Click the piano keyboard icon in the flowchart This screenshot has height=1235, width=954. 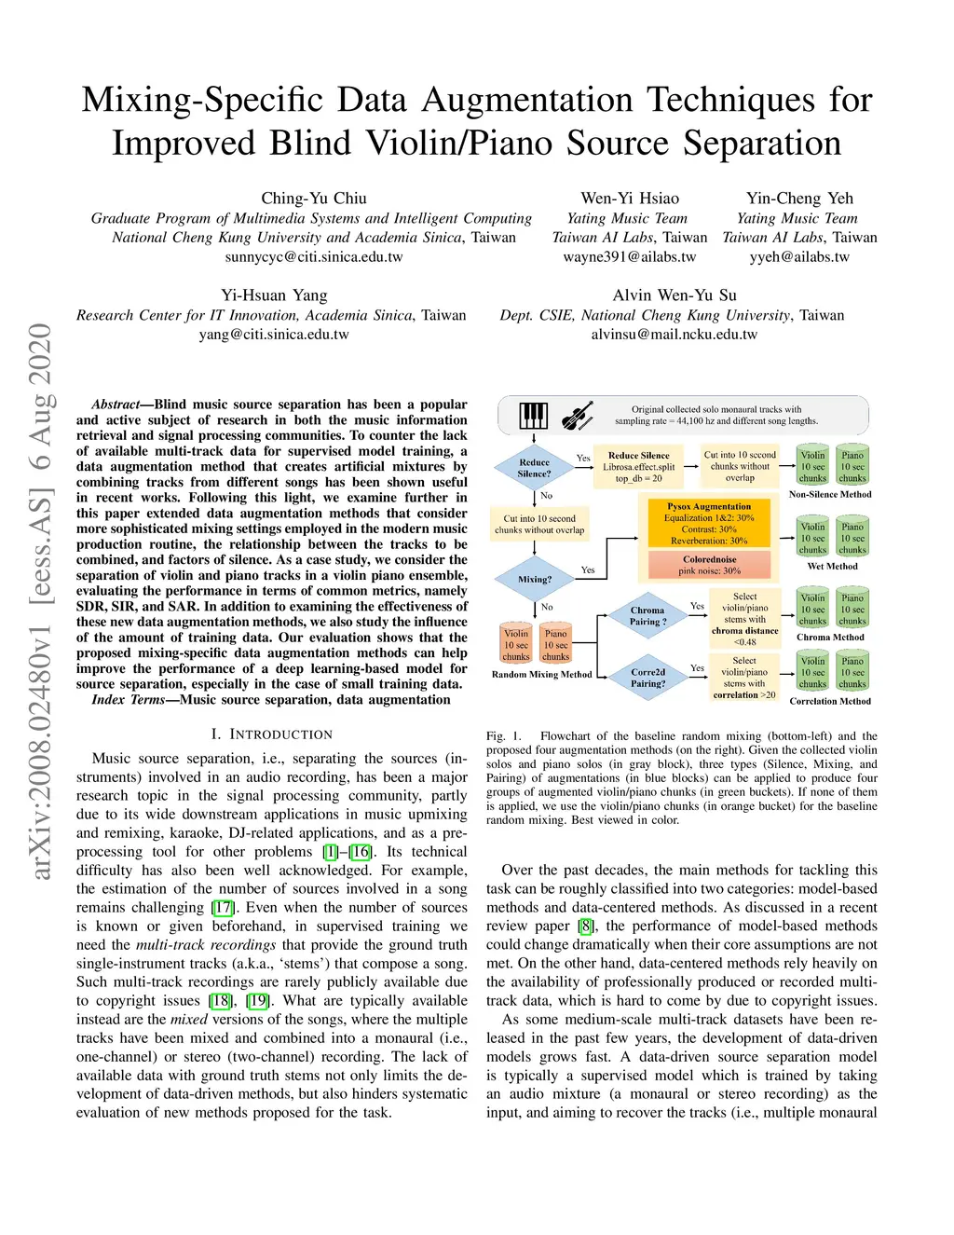click(534, 416)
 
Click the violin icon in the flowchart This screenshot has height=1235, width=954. click(578, 416)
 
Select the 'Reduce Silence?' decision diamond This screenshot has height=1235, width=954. click(534, 468)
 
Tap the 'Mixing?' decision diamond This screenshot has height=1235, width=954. click(535, 579)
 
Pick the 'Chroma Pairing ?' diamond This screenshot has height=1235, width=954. click(647, 616)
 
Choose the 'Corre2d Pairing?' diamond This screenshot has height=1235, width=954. click(647, 678)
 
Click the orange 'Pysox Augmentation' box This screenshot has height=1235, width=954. click(709, 524)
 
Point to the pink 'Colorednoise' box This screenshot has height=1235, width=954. click(709, 565)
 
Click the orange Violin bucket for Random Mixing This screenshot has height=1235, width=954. click(516, 644)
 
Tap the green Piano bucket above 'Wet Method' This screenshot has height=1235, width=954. click(852, 538)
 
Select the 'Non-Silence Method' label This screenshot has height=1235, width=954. click(830, 494)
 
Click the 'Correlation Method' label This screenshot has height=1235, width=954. click(830, 701)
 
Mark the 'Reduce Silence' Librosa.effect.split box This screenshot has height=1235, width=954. click(638, 467)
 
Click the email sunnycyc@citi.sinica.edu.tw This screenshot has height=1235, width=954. click(314, 257)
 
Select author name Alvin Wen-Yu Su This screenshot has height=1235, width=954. click(675, 295)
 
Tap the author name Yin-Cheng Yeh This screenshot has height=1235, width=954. click(799, 199)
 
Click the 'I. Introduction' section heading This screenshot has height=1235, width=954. click(271, 734)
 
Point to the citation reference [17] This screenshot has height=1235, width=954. click(222, 907)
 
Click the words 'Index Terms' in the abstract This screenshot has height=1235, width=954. click(128, 700)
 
